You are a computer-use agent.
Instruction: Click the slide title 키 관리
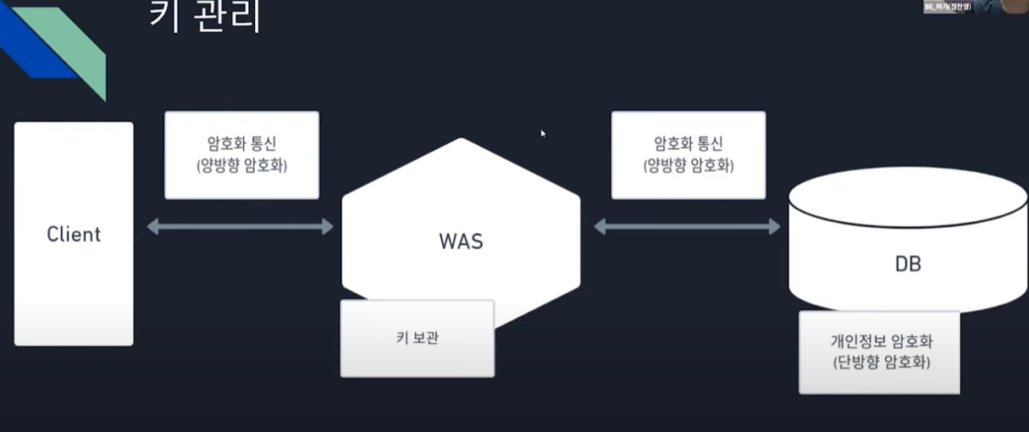pos(204,17)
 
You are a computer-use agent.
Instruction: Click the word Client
pos(74,234)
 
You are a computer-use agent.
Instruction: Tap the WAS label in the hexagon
pos(461,241)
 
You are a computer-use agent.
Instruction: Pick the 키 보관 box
pos(417,338)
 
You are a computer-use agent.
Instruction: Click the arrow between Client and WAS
pos(241,226)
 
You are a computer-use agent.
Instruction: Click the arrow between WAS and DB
pos(687,226)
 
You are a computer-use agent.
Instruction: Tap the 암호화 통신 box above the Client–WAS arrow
pos(241,155)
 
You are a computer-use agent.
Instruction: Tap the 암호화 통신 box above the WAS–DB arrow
pos(688,155)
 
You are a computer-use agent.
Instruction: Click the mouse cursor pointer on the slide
pos(543,133)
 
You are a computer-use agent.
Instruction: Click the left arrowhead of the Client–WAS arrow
pos(153,226)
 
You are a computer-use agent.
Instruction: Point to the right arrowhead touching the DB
pos(774,226)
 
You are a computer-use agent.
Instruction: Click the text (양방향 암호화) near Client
pos(241,166)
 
